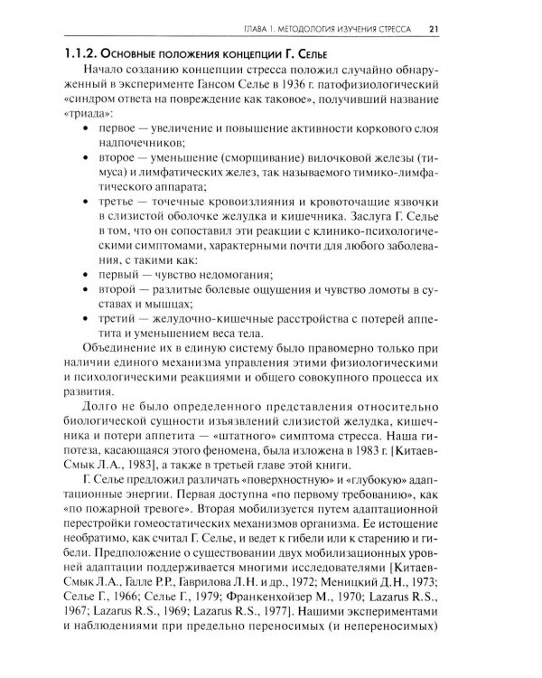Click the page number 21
pos(434,29)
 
